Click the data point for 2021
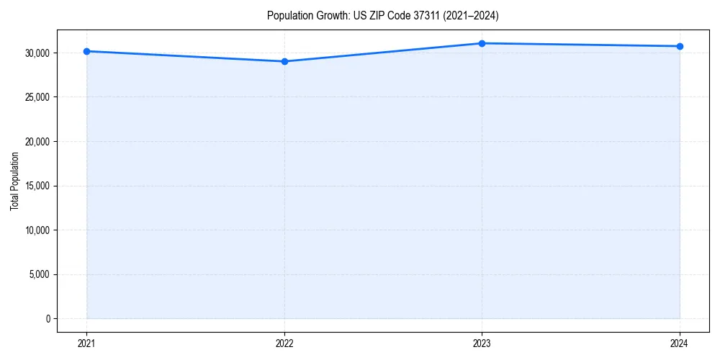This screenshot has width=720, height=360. coord(86,51)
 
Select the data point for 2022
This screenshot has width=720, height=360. coord(284,61)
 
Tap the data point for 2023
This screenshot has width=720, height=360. coord(482,43)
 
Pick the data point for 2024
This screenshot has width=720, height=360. coord(680,46)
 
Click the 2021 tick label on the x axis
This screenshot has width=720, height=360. coord(86,343)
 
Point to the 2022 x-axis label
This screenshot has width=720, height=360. coord(284,343)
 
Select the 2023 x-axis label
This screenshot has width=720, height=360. coord(482,343)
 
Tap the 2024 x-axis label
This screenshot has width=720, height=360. coord(680,343)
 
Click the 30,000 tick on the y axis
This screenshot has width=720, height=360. coord(36,53)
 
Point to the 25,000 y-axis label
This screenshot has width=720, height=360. coord(36,97)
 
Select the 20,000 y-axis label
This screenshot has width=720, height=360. coord(36,141)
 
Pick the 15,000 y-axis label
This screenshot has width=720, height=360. coord(36,186)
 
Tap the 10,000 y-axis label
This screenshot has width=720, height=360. coord(36,230)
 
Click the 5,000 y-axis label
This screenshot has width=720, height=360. coord(38,274)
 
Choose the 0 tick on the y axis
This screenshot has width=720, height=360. coord(47,319)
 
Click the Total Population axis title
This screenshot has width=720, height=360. coord(14,181)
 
